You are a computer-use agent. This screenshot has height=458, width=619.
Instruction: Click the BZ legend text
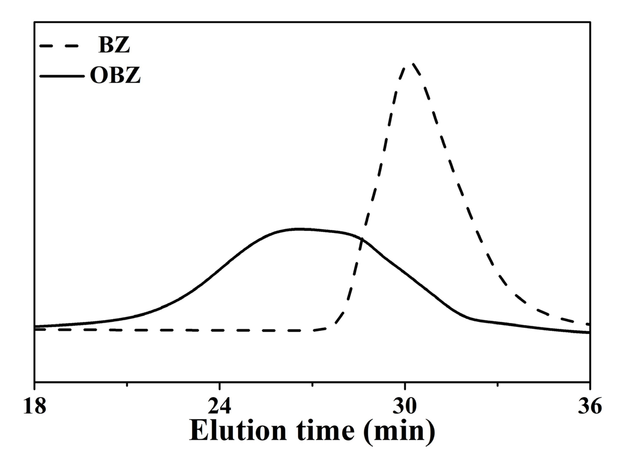114,46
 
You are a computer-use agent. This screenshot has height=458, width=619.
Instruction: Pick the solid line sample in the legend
62,76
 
